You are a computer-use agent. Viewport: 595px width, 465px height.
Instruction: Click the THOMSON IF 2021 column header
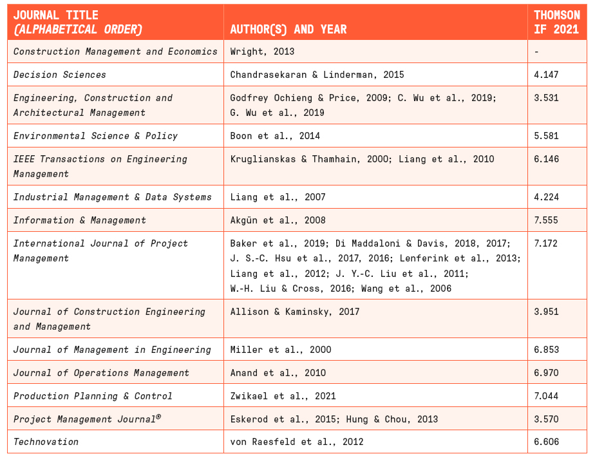click(x=556, y=22)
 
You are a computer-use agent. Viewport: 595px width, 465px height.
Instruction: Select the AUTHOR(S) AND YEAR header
click(x=288, y=29)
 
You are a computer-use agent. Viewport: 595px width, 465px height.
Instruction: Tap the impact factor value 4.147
click(x=546, y=75)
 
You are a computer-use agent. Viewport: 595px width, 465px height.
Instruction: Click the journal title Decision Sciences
click(x=60, y=75)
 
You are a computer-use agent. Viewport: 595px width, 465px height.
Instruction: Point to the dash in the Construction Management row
click(x=536, y=52)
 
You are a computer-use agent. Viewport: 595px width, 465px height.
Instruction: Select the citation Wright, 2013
click(x=262, y=52)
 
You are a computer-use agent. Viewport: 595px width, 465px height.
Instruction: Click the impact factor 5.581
click(x=546, y=135)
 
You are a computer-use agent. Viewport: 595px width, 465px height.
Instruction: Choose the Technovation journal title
click(x=46, y=442)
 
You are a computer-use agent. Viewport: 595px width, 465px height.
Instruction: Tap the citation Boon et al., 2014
click(x=275, y=135)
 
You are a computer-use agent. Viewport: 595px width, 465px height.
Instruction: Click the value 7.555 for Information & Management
click(x=546, y=220)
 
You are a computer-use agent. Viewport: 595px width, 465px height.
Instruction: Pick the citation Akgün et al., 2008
click(x=278, y=220)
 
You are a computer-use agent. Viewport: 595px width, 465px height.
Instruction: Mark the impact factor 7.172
click(x=545, y=243)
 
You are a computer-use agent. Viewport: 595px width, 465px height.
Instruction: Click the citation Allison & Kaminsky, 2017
click(x=295, y=312)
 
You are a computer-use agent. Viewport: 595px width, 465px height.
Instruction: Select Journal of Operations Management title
click(x=101, y=373)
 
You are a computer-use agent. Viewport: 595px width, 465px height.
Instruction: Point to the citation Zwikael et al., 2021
click(x=283, y=396)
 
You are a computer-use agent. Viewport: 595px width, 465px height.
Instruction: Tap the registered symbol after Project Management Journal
click(x=158, y=417)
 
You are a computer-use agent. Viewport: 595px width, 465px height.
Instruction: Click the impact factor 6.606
click(x=546, y=442)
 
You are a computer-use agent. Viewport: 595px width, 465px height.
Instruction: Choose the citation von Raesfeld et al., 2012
click(x=297, y=442)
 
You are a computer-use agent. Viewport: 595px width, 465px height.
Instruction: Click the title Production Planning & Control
click(x=93, y=396)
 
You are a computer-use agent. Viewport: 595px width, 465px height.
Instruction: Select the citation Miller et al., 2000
click(x=281, y=350)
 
